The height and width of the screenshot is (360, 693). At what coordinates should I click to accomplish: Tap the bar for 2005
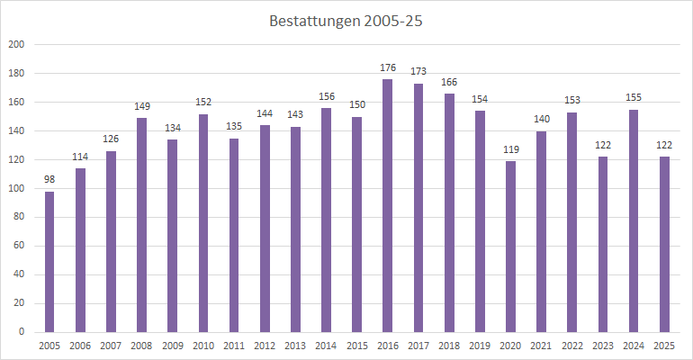49,261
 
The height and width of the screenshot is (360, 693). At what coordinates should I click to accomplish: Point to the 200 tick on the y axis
16,44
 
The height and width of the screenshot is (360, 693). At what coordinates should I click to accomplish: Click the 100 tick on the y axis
16,188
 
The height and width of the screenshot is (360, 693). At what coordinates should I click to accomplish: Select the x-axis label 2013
295,346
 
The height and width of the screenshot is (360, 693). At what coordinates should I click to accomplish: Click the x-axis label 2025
664,346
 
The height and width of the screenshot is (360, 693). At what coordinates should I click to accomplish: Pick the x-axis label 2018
449,346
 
